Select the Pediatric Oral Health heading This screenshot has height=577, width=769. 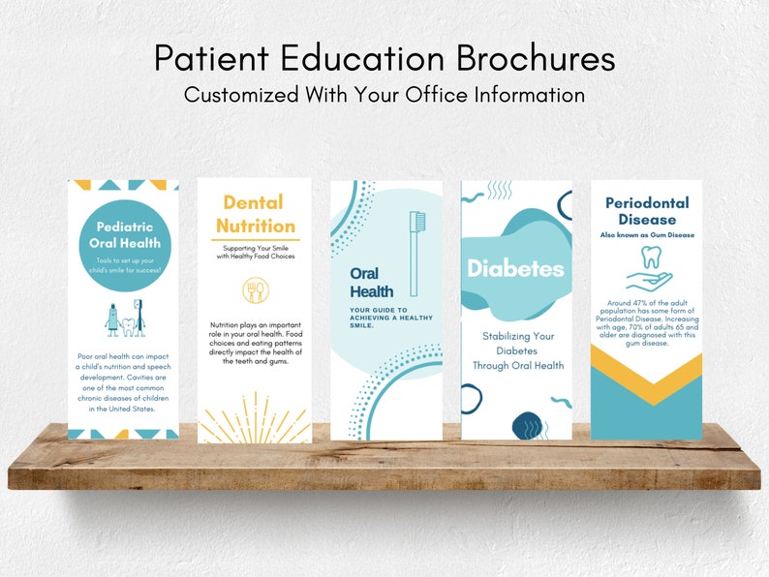pos(123,235)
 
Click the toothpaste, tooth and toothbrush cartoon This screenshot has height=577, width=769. pos(123,317)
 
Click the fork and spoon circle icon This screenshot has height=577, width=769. pos(256,290)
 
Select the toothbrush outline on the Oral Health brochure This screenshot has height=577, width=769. pos(416,254)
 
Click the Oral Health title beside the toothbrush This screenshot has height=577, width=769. pos(371,282)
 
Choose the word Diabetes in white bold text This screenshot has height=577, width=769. pos(516,268)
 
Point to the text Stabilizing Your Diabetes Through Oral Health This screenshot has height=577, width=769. pos(516,350)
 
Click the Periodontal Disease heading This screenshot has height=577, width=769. pos(647,210)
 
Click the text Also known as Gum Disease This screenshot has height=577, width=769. pos(647,235)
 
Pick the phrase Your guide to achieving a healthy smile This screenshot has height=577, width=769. pos(383,318)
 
